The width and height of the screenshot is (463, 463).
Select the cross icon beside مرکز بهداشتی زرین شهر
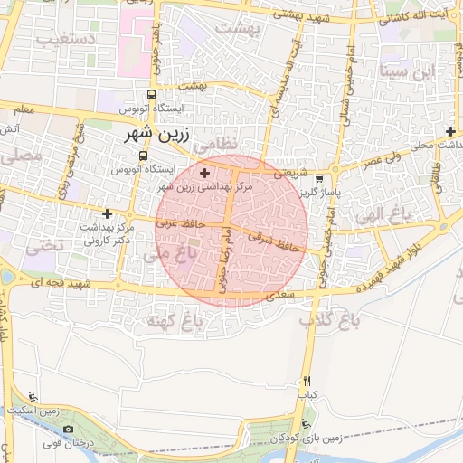[205, 172]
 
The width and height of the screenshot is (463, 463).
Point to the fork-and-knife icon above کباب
[307, 382]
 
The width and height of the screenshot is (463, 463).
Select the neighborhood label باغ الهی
[383, 214]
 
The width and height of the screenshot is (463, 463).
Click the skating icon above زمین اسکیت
[33, 396]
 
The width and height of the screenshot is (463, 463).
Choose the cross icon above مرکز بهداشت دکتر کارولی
[108, 214]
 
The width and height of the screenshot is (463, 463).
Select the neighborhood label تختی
[46, 245]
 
